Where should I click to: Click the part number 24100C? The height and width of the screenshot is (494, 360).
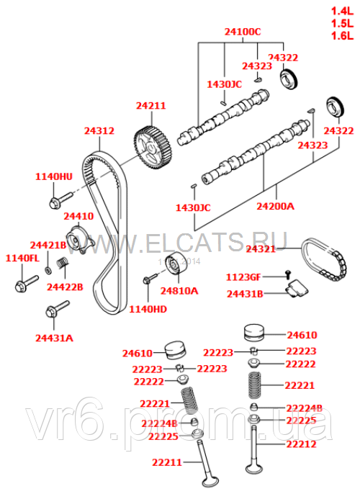242,32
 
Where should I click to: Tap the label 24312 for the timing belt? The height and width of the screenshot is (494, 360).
99,131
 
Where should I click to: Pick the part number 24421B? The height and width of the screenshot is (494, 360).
48,246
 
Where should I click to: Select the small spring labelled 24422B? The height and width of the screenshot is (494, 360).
63,270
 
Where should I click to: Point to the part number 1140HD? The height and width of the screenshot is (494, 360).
147,309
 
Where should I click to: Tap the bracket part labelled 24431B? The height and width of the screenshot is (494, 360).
295,290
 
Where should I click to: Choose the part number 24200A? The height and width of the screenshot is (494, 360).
276,206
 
